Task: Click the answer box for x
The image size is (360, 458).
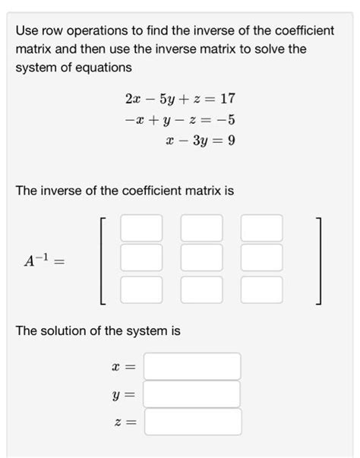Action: click(192, 366)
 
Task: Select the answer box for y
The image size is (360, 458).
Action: click(192, 394)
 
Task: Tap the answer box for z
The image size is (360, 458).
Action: click(192, 422)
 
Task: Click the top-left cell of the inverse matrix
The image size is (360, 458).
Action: click(141, 228)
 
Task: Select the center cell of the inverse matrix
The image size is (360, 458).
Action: click(201, 257)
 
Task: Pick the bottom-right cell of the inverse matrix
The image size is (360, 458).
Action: click(261, 288)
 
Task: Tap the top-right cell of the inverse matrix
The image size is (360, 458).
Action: click(261, 228)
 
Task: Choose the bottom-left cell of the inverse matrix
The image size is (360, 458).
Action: click(141, 288)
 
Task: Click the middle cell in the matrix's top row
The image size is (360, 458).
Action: click(201, 228)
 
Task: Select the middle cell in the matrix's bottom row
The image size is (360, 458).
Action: click(201, 288)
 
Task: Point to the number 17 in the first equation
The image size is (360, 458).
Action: click(226, 99)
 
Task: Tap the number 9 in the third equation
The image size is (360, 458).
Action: click(230, 141)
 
